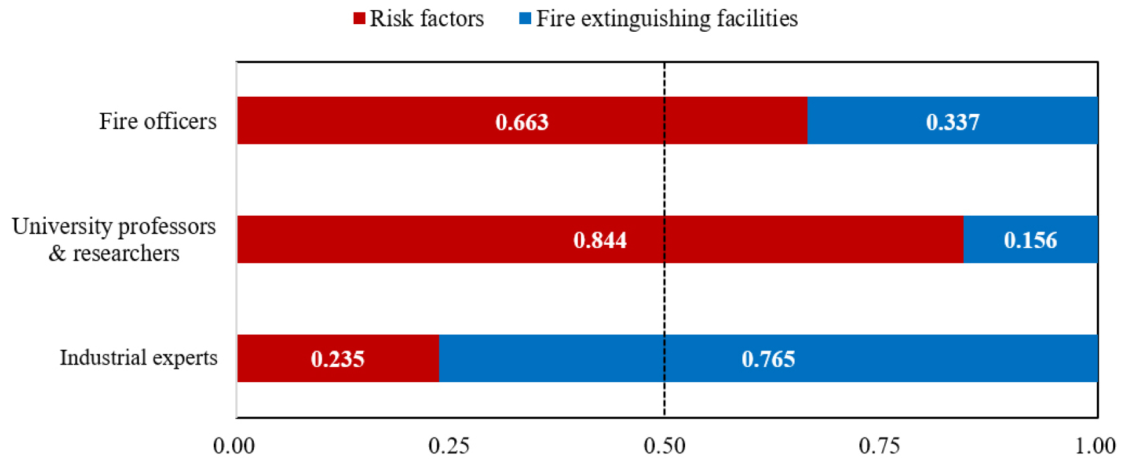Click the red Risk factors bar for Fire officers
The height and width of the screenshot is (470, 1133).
(382, 121)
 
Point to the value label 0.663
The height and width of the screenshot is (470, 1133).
(522, 122)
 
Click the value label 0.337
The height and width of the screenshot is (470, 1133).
(952, 122)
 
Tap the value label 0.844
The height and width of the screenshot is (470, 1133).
(600, 240)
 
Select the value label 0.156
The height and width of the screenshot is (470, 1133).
(1030, 240)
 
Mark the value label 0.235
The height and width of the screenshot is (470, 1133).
(337, 359)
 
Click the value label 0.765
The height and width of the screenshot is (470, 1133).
(768, 359)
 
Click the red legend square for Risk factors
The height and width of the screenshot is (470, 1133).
(359, 18)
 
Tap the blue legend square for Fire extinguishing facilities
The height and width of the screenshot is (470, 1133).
(525, 18)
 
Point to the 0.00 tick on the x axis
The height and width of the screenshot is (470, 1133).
(234, 446)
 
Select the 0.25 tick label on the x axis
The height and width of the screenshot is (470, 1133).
(449, 446)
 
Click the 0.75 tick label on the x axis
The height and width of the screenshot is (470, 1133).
(879, 446)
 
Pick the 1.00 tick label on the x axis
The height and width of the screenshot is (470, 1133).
(1095, 446)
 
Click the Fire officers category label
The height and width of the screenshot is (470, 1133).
(158, 121)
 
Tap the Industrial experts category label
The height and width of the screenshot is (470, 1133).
(139, 357)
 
